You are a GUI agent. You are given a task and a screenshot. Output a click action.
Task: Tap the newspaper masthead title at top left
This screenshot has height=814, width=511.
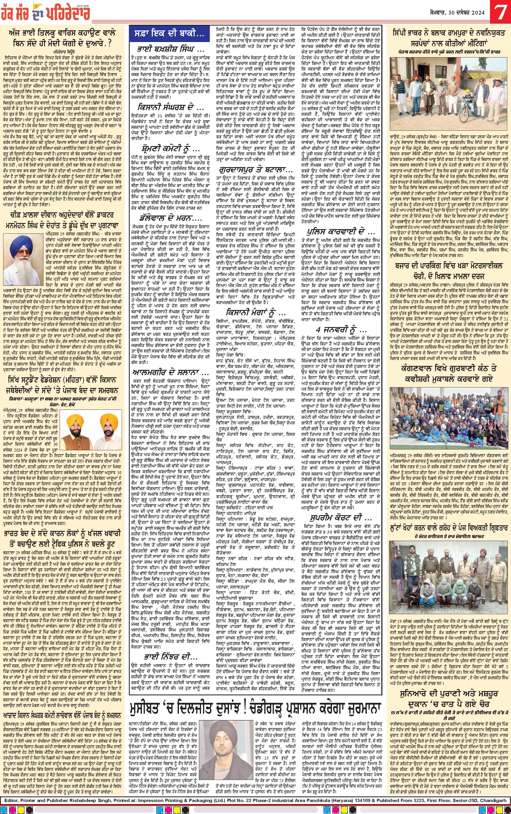click(54, 13)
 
